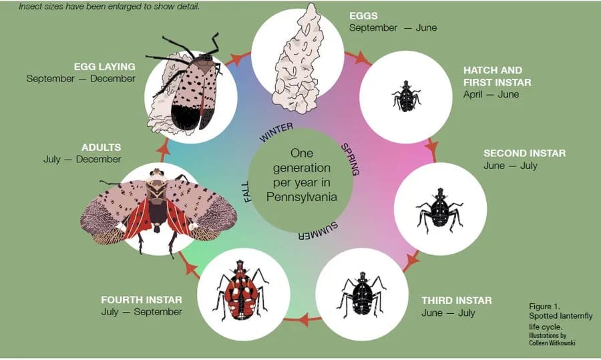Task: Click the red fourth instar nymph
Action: tap(242, 292)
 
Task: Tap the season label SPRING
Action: tap(350, 158)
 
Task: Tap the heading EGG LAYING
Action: tap(105, 67)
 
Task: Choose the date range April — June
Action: tap(491, 94)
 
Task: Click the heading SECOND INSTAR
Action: tap(524, 154)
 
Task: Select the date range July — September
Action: tap(142, 312)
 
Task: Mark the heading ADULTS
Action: tap(102, 147)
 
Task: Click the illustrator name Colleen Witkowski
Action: tap(552, 343)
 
